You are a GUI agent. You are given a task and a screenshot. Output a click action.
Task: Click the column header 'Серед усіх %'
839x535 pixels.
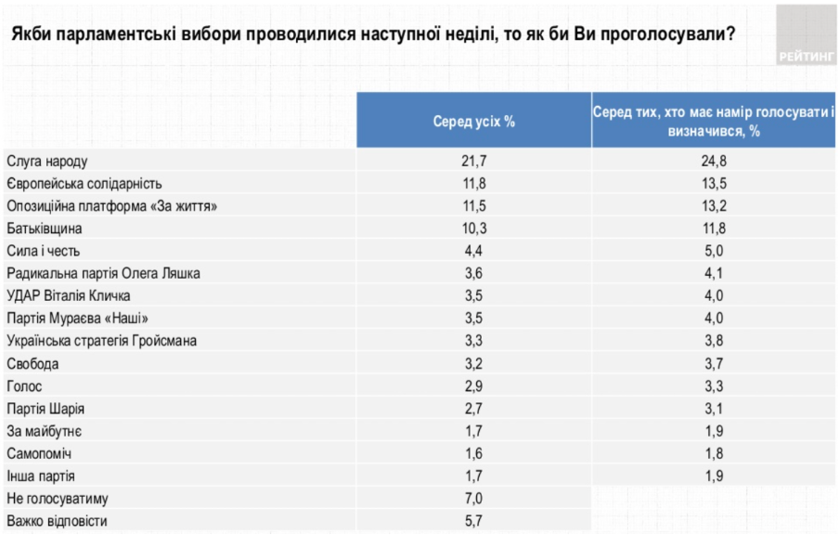point(473,122)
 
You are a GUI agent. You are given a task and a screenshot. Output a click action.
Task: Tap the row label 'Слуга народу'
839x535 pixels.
point(47,162)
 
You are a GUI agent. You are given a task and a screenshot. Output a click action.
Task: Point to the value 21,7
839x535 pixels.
point(473,162)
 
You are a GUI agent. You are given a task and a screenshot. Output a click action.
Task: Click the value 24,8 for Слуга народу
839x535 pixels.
point(714,162)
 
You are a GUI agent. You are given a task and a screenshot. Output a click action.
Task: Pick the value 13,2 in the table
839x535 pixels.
point(714,205)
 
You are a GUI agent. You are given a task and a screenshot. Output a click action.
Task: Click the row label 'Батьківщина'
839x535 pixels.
point(45,228)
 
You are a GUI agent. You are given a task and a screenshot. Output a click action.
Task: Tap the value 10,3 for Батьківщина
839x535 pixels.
point(473,228)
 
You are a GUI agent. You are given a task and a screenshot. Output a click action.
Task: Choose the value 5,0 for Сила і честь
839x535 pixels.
point(714,251)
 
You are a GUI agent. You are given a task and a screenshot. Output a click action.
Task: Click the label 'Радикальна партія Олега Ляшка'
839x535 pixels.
point(103,273)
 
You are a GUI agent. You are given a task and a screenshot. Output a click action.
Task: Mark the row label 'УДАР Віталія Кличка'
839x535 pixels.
point(69,295)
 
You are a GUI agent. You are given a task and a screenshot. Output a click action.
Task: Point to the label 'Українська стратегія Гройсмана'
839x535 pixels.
point(101,341)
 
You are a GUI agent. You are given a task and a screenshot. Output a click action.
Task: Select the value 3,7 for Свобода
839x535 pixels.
point(714,363)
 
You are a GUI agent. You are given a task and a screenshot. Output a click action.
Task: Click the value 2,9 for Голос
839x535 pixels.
point(473,385)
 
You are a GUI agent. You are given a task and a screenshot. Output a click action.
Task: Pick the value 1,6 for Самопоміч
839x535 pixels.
point(473,453)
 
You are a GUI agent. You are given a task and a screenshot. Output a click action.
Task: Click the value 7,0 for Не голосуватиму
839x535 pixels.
point(473,499)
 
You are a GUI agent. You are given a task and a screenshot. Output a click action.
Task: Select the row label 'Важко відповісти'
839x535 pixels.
point(58,521)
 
